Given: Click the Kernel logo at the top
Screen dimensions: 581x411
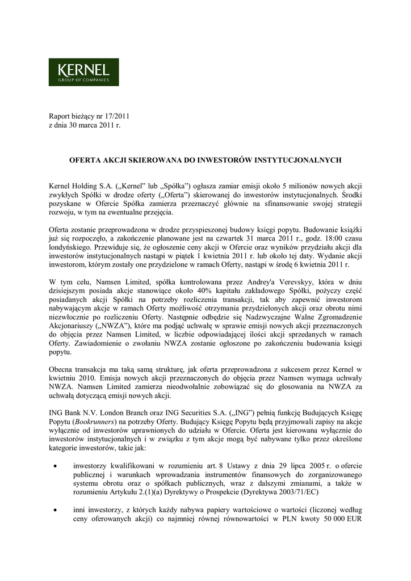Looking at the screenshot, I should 83,72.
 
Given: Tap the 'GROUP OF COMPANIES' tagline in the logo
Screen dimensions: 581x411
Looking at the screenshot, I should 84,80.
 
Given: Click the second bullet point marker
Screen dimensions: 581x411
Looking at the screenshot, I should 54,511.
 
